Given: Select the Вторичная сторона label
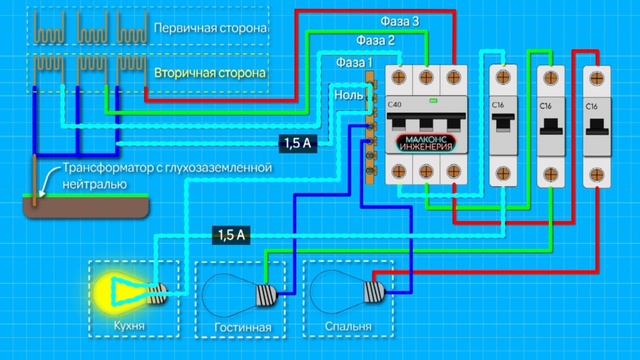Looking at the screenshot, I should [210, 75].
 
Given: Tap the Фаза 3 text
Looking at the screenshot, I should [400, 21].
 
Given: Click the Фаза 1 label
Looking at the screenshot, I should [353, 63].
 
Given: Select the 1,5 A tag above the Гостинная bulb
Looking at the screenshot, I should [229, 235].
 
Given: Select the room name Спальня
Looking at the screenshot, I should [347, 327].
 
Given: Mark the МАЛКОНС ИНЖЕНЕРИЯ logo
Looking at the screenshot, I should [427, 143].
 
